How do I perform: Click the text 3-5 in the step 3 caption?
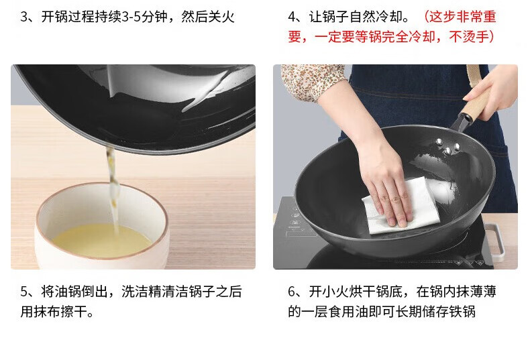(x=131, y=17)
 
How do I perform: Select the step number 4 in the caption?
(x=293, y=17)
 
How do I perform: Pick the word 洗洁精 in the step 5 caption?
(x=142, y=292)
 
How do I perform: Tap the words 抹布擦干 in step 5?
(x=60, y=312)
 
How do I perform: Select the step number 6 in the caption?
(x=293, y=292)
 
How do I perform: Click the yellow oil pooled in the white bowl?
(x=101, y=240)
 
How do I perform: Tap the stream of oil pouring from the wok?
(x=113, y=189)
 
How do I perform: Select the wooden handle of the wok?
(x=476, y=101)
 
